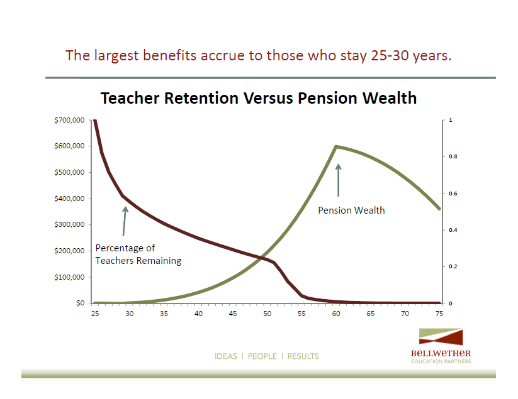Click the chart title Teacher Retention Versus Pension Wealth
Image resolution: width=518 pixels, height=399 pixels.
pos(259,98)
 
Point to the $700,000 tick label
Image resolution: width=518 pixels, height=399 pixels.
pos(69,121)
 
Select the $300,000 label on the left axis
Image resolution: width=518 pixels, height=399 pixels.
pos(69,224)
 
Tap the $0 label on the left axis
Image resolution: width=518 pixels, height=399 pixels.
pos(81,303)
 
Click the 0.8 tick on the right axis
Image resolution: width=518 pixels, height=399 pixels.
pos(453,156)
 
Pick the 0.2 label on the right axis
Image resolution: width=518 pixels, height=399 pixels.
pos(453,266)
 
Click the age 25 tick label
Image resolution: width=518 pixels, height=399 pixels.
pos(95,314)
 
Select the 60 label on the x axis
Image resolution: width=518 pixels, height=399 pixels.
pos(336,314)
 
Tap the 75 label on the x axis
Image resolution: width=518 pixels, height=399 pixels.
pos(439,314)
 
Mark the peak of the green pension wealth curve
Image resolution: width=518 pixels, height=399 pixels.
pos(336,146)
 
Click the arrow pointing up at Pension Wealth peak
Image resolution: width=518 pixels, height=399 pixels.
pos(338,180)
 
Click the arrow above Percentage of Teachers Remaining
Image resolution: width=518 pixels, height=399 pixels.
pos(125,221)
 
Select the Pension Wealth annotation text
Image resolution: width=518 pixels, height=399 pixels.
pos(351,210)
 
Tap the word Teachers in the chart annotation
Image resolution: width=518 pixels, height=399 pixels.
pos(115,261)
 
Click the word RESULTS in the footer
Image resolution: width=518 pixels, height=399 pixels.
pos(303,356)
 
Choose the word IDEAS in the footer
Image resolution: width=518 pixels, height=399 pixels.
pos(226,356)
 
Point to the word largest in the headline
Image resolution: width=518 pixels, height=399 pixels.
pos(116,56)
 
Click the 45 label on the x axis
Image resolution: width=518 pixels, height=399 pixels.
pos(233,314)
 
